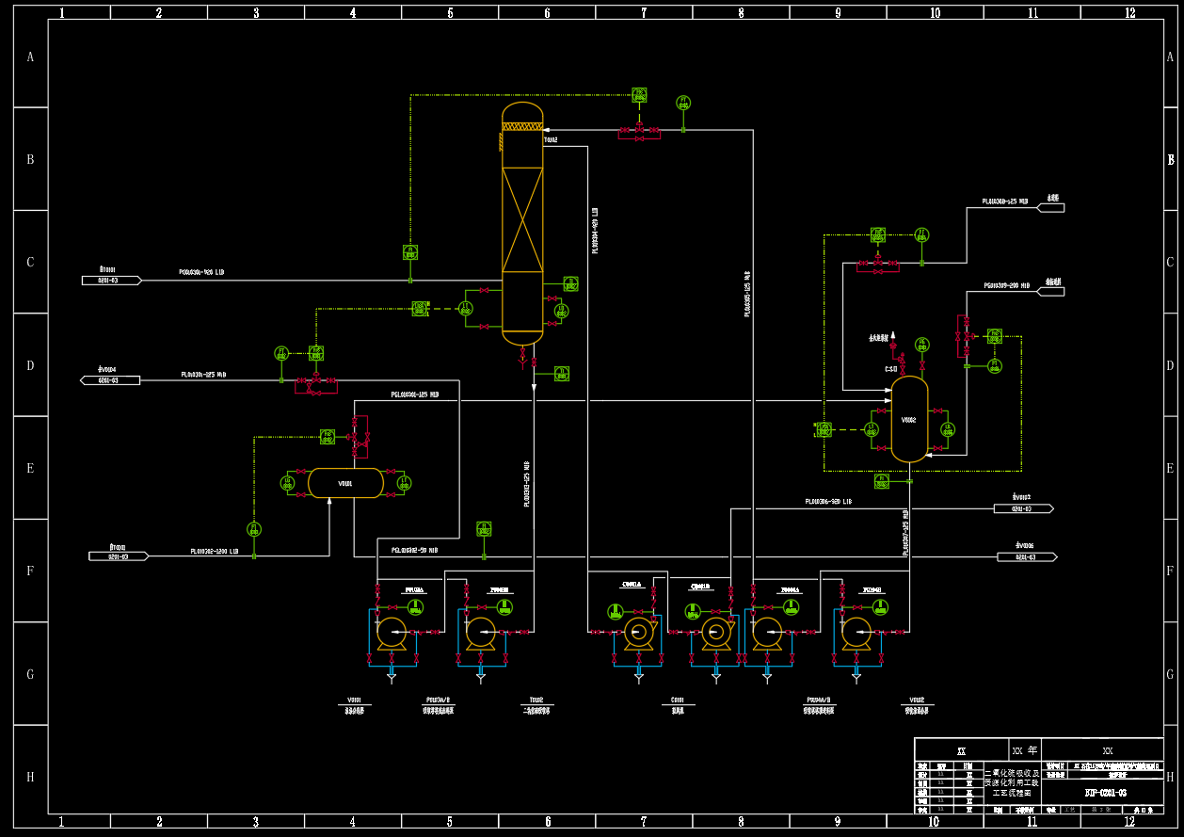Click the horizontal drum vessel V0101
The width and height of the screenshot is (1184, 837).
[345, 483]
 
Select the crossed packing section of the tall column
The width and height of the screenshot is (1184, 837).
[522, 219]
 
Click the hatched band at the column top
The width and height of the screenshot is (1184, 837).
[522, 126]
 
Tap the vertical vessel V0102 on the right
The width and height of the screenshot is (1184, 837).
[909, 420]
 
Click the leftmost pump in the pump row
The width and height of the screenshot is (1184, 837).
[391, 633]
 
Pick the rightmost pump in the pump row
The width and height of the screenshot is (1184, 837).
[856, 633]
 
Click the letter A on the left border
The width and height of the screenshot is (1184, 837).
[30, 57]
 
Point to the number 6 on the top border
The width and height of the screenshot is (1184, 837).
[547, 13]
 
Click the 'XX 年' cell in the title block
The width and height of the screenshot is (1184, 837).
[1025, 750]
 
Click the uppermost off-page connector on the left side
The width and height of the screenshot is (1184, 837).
[111, 280]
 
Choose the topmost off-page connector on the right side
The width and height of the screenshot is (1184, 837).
[1049, 207]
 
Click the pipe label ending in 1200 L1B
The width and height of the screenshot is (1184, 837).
[215, 551]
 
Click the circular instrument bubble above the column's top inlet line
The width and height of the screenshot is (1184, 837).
[683, 103]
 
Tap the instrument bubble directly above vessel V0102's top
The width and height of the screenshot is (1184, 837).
[921, 344]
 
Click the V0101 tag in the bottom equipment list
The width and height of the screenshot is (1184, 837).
[354, 700]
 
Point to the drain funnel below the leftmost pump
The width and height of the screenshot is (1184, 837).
[392, 676]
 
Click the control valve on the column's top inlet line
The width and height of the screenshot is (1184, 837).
[639, 129]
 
